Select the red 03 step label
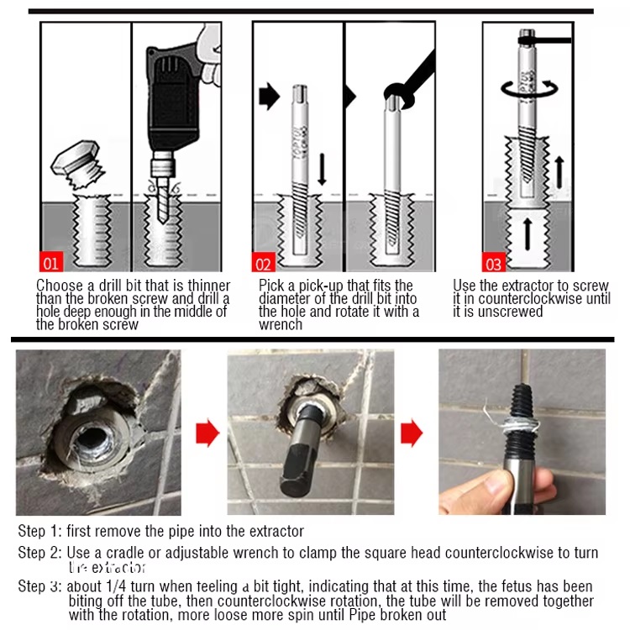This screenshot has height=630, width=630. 493,263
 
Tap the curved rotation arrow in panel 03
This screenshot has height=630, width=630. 528,88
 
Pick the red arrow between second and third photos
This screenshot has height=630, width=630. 412,433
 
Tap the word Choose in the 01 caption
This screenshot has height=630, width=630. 58,286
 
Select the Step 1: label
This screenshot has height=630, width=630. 40,531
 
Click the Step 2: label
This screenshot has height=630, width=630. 40,553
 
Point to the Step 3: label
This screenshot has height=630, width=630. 40,586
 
